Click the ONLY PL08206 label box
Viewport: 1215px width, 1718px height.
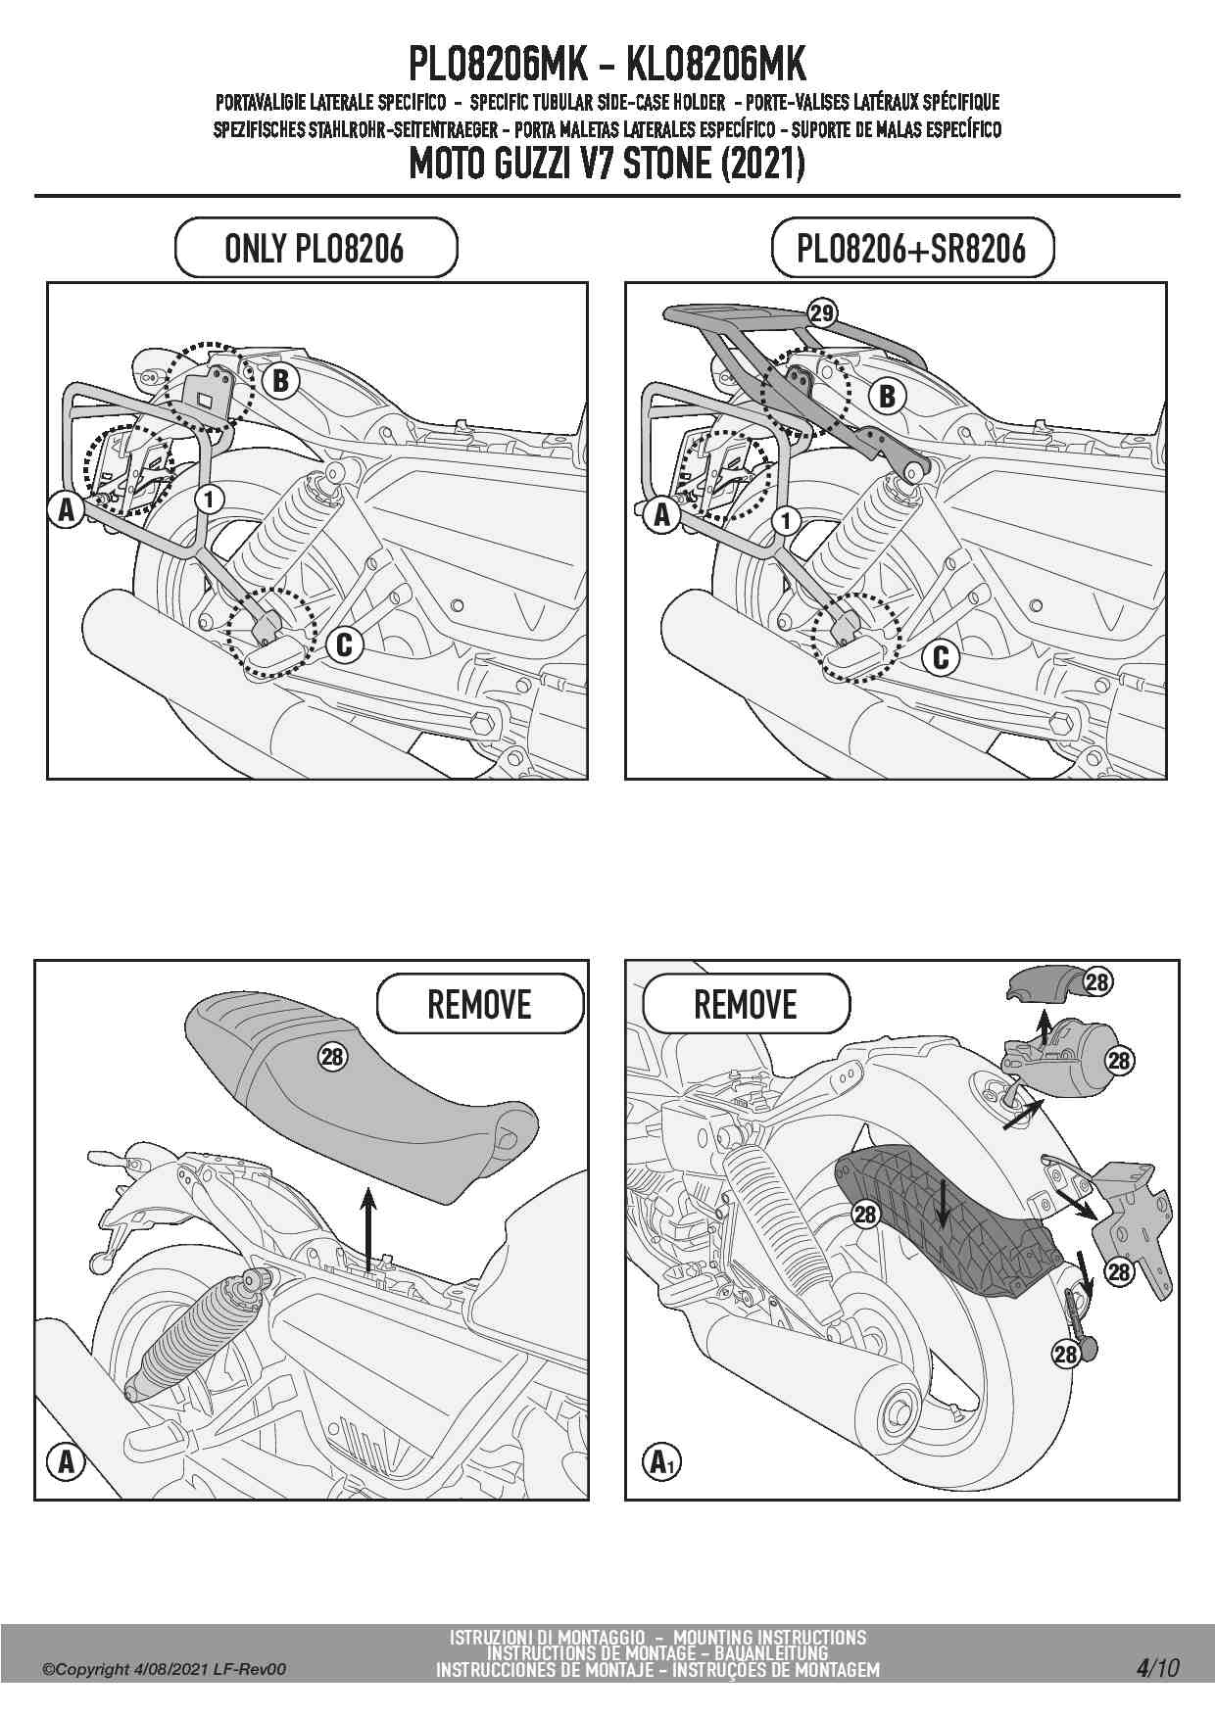(316, 248)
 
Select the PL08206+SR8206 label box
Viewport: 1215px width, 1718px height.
(911, 248)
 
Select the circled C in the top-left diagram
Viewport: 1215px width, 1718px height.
(344, 644)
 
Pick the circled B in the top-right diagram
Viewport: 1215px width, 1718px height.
(888, 397)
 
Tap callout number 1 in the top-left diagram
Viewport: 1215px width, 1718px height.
(208, 499)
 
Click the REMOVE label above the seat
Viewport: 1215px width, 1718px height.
(479, 1004)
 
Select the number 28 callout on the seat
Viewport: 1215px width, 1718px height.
(332, 1055)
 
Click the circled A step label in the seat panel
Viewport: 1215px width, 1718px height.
(66, 1462)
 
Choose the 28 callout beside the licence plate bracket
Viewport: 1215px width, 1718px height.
(1119, 1271)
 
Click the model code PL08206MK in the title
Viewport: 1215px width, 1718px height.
(497, 65)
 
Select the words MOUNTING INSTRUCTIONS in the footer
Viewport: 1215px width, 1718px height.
(770, 1637)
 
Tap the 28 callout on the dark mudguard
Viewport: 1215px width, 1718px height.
(865, 1215)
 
